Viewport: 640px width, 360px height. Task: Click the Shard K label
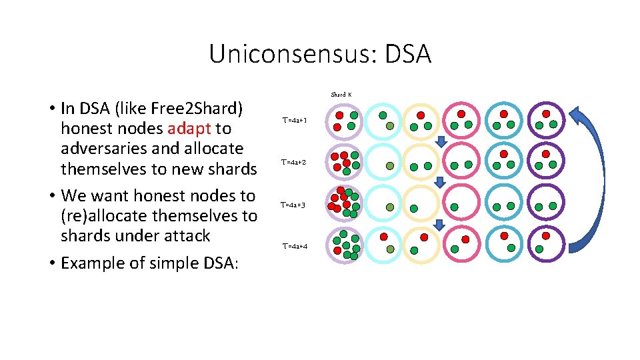point(341,95)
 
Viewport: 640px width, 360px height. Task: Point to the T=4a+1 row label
point(294,121)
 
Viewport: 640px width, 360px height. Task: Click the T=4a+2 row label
point(294,162)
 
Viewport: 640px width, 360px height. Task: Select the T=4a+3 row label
point(293,205)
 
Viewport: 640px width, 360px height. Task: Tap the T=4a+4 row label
point(295,247)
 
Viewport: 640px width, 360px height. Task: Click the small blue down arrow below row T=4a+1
point(440,141)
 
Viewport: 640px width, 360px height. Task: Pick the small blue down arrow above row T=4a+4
point(439,225)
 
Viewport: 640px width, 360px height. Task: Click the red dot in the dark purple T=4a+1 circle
point(546,114)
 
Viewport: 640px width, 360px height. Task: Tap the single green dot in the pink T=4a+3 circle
point(454,207)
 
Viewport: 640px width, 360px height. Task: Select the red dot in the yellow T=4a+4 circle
point(424,237)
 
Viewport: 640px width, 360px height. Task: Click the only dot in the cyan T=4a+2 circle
point(390,166)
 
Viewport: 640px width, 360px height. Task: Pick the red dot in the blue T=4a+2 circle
point(503,154)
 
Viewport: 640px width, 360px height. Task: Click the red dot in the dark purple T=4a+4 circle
point(546,235)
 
